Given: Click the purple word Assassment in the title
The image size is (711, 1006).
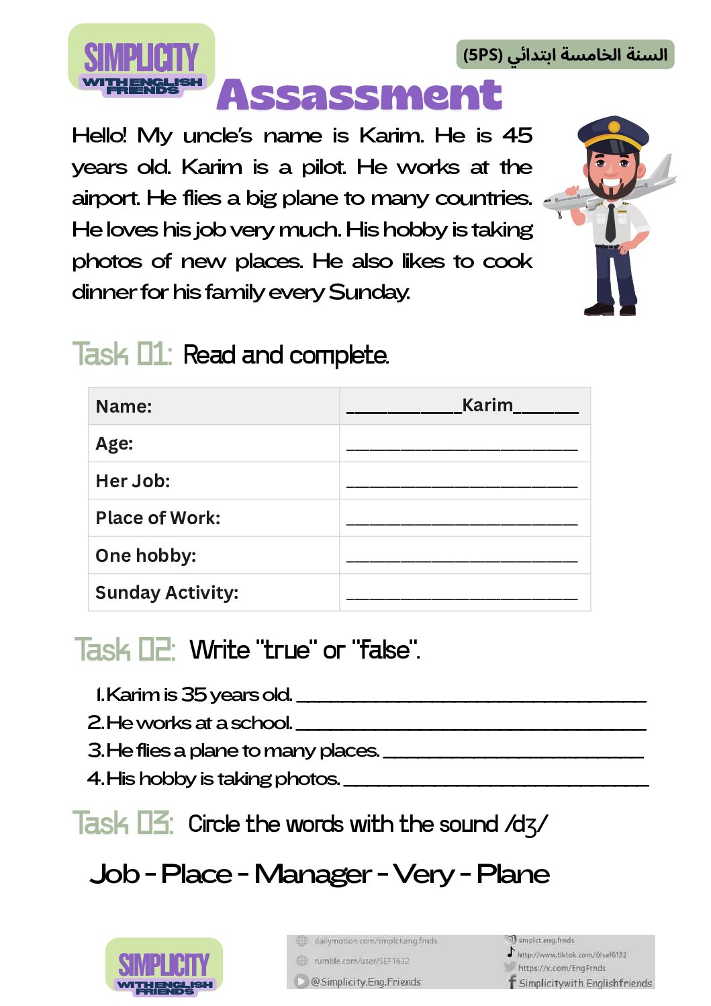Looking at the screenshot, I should pos(359,95).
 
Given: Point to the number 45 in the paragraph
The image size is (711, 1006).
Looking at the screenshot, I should pos(517,136).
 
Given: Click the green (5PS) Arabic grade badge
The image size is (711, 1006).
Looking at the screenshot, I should pos(565,54).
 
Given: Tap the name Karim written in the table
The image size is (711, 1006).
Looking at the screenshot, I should pos(487,405).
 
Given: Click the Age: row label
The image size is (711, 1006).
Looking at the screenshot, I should pos(115,444).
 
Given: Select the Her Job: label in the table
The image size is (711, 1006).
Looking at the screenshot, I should pos(133,481).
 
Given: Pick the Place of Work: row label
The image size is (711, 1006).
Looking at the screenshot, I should pos(158,518).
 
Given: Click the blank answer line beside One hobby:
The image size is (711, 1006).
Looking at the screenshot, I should pos(462,558).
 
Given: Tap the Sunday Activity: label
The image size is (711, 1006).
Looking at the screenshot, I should pos(167,593).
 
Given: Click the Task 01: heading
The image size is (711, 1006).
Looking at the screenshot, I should pos(122,354).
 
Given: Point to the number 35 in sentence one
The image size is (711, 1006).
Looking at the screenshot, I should pos(193,694).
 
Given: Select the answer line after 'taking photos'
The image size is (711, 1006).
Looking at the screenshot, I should pos(495,782).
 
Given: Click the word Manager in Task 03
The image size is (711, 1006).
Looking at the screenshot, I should pos(313,874).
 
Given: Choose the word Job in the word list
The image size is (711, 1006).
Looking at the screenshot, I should pos(115,874).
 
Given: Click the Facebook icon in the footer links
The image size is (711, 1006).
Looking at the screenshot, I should pos(512,982).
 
